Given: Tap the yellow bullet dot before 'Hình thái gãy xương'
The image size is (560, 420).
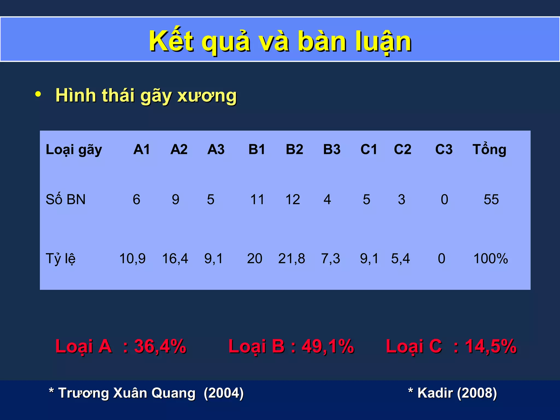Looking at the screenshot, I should [38, 94].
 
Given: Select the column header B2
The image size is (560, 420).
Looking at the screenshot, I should [294, 149].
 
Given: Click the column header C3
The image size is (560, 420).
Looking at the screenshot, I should [444, 149].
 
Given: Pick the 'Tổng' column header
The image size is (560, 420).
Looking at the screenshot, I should [489, 149].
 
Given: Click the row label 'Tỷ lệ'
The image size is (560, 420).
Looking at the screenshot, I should [60, 258].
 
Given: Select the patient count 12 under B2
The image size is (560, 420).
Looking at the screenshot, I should [293, 199].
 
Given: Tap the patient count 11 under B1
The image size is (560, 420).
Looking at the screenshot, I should [257, 199].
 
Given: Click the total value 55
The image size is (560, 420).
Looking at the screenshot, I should [491, 199].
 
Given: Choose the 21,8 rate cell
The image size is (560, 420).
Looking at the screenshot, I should [291, 258].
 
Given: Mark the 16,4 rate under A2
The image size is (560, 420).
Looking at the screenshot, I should [175, 258].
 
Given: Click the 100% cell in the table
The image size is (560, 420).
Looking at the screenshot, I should [491, 258].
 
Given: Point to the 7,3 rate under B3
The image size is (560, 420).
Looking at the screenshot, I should [331, 258].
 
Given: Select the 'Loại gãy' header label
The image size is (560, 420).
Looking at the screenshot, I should [74, 150].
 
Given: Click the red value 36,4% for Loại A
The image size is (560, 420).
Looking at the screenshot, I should [160, 346].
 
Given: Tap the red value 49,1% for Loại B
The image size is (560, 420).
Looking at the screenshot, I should [328, 346].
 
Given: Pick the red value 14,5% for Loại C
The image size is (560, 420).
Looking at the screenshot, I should [491, 346].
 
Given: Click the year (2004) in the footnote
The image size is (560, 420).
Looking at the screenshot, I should [224, 393].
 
